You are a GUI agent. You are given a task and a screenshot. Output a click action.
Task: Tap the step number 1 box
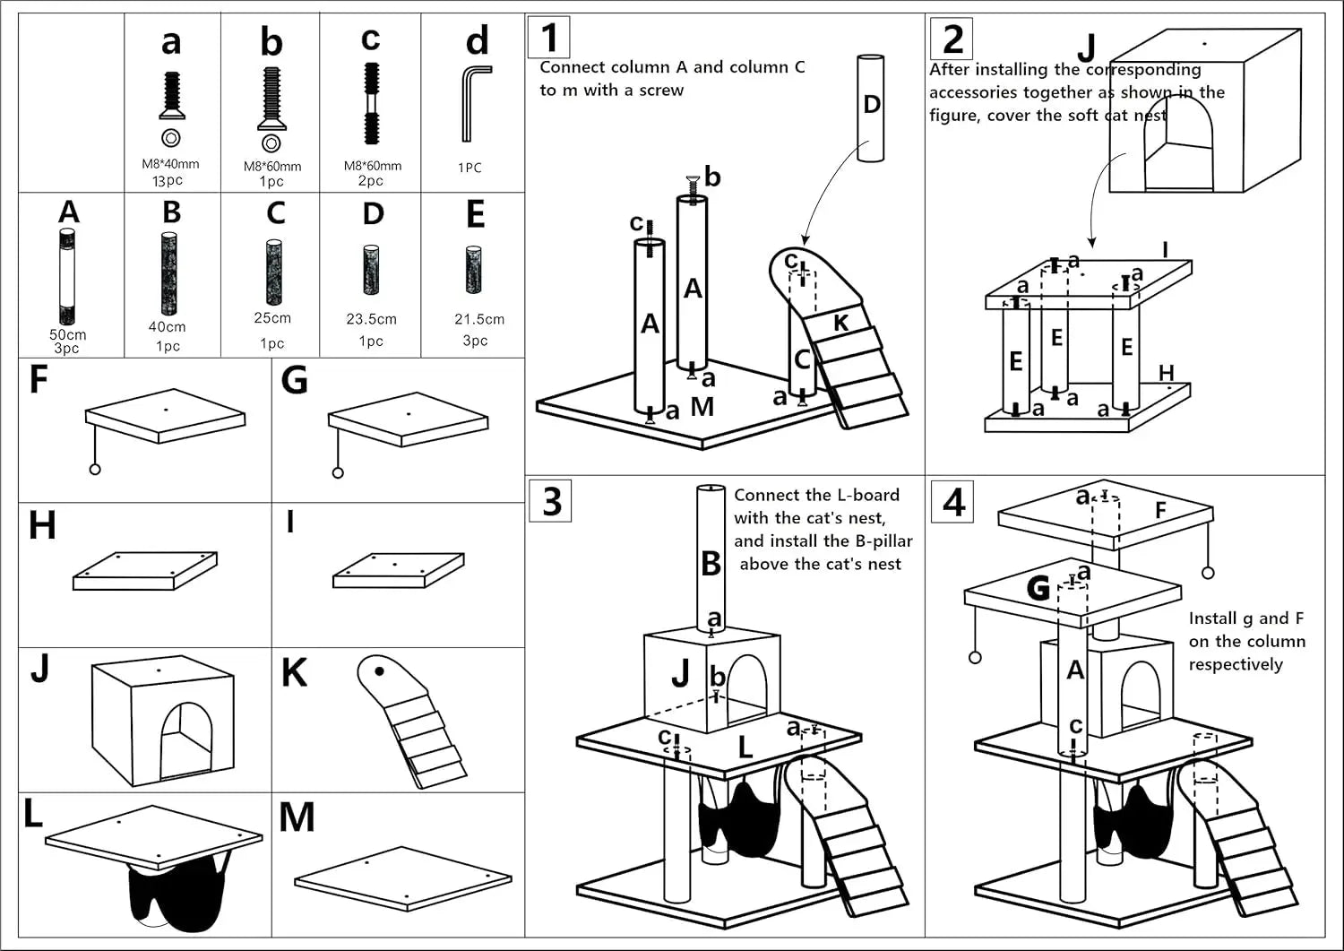(548, 38)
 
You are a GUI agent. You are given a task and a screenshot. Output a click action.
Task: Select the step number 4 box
(953, 502)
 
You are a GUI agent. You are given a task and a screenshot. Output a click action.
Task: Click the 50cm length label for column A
(67, 334)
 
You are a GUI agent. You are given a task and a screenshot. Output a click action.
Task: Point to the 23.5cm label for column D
(371, 318)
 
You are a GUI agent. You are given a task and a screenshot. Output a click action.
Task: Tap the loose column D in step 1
(870, 108)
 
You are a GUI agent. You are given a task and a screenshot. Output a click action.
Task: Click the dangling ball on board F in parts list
(95, 469)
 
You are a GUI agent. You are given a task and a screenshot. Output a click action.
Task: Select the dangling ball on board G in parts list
(338, 472)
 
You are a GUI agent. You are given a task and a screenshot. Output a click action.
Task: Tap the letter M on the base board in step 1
(702, 407)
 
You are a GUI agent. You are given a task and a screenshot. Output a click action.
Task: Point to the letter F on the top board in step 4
(1160, 510)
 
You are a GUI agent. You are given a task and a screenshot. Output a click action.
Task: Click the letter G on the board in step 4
(1038, 588)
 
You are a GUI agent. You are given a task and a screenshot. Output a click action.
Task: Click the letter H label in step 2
(1166, 373)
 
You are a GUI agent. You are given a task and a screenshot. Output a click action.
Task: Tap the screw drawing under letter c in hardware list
(371, 103)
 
